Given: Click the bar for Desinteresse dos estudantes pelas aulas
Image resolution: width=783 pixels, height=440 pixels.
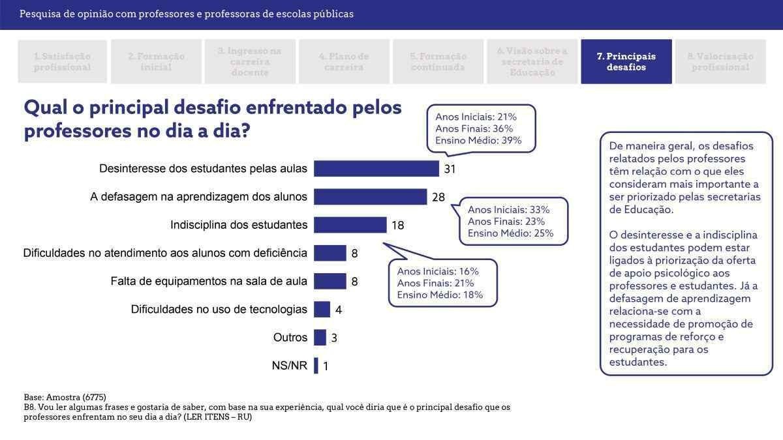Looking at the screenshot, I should point(376,169).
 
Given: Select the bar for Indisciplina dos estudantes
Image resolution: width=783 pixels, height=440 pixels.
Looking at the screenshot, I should point(350,225).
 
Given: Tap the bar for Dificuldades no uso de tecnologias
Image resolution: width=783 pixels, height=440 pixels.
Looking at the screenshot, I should point(322,309).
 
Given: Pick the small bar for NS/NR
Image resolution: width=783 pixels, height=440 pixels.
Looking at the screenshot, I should point(316,366).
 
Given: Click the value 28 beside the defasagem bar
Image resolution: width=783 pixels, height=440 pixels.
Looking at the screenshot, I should point(438,198).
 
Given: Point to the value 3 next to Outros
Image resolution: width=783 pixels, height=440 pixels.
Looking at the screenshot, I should point(334,338).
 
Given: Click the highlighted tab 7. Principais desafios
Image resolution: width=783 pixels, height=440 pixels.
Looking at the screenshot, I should point(626,62).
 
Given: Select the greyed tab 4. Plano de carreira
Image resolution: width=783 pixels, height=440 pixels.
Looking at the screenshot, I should point(344,62).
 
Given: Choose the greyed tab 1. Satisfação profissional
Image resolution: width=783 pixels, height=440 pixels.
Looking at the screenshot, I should point(62,62).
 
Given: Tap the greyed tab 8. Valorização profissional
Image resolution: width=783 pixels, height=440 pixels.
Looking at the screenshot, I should point(720,62).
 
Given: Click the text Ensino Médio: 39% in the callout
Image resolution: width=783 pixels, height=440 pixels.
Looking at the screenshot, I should point(478,141).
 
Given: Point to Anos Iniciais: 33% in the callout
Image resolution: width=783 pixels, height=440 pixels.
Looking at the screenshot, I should point(509,210).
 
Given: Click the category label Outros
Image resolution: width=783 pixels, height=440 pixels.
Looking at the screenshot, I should point(290,338).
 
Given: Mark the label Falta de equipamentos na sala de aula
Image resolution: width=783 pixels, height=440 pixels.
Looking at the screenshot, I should point(209,281).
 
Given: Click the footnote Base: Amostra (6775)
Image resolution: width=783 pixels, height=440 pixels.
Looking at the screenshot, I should point(65,397).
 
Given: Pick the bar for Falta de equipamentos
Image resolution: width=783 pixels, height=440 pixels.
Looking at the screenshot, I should point(330,281).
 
